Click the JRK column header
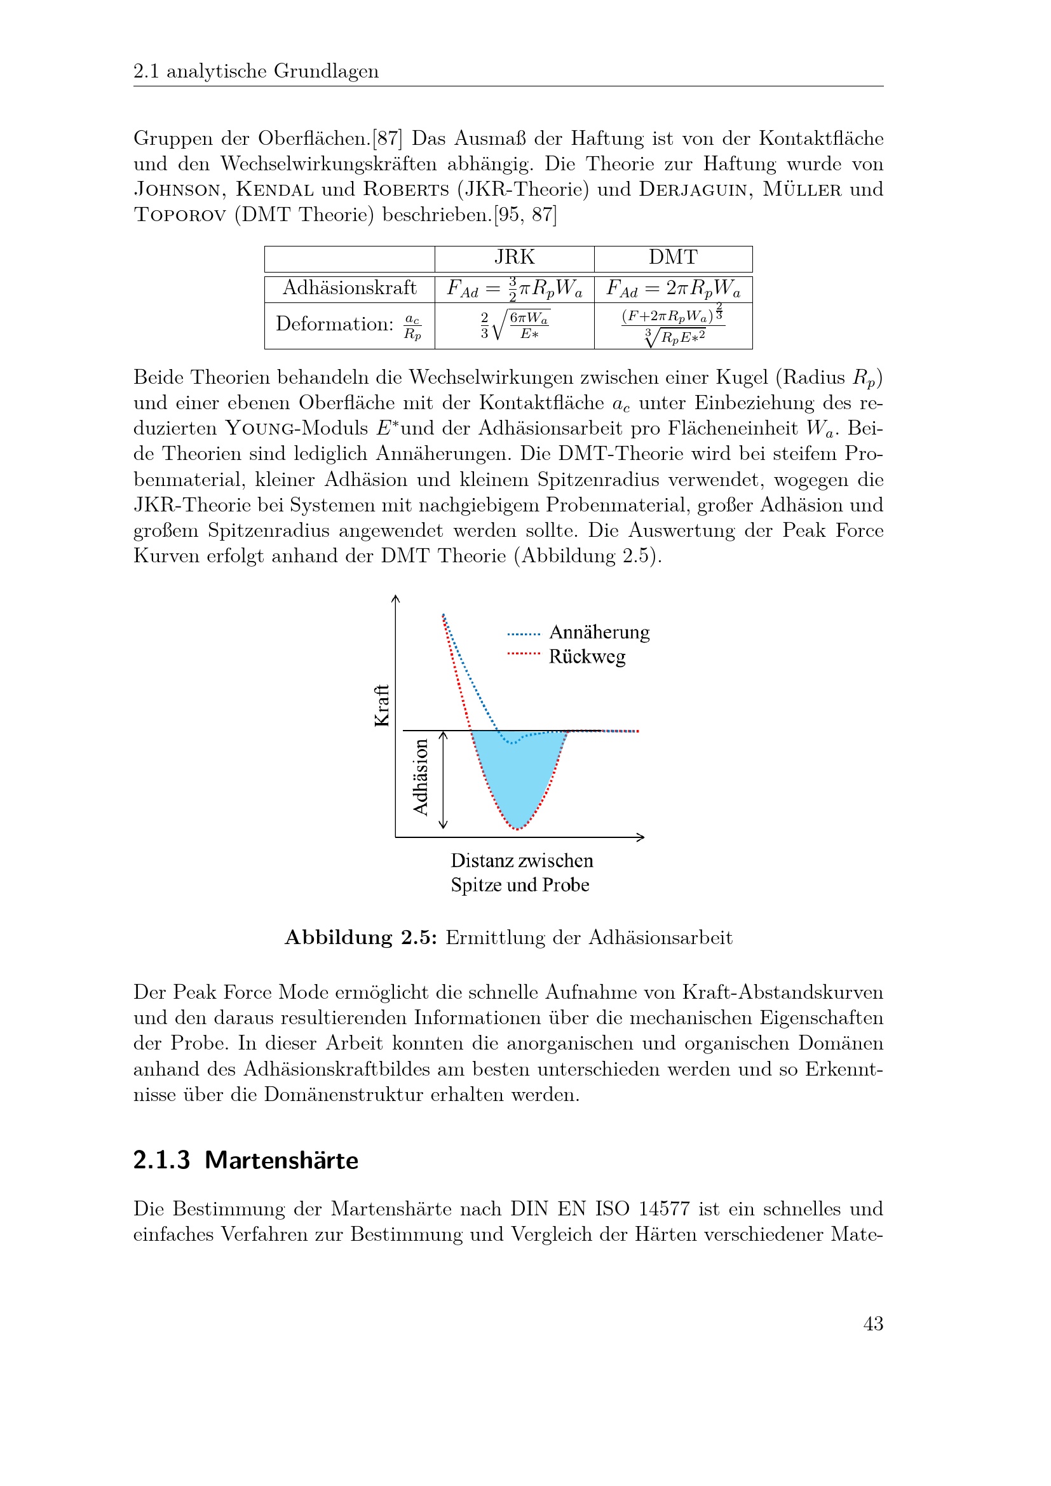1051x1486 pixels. (x=515, y=257)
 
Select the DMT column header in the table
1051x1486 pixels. (x=673, y=257)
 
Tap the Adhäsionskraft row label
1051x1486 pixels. (x=349, y=288)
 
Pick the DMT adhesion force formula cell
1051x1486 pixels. (x=673, y=288)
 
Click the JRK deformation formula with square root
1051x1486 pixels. (x=515, y=325)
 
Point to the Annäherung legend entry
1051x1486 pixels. (x=599, y=632)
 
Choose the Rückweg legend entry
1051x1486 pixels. (x=587, y=656)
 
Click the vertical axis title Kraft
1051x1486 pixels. (x=382, y=705)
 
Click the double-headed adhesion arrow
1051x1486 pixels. (x=444, y=780)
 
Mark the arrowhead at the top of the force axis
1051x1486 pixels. (x=395, y=598)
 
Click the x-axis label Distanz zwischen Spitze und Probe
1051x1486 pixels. (x=521, y=872)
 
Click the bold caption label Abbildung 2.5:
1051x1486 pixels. (x=361, y=938)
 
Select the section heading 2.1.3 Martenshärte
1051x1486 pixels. (x=245, y=1160)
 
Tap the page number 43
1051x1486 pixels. (x=873, y=1323)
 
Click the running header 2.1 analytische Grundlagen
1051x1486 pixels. (x=255, y=71)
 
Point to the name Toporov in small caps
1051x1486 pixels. (x=179, y=214)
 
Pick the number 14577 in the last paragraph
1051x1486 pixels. (x=664, y=1209)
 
